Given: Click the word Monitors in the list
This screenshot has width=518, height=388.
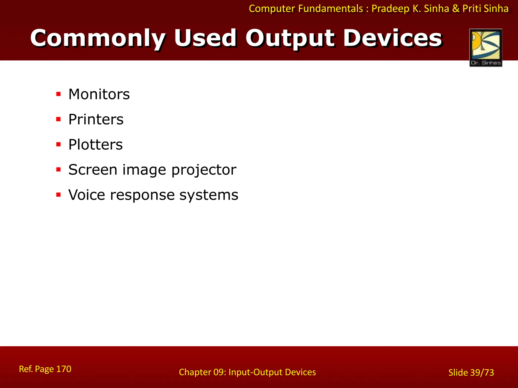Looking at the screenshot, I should [99, 94].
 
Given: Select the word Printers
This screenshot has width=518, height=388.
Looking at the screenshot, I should [96, 119].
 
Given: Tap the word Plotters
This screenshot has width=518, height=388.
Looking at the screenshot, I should [95, 144].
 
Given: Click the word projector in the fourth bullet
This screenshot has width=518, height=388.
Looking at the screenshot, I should [204, 170].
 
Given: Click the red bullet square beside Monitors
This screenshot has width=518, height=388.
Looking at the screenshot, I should [59, 94].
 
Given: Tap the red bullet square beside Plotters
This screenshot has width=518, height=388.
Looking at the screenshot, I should [59, 144].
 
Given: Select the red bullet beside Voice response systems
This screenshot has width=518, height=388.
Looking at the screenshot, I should [59, 195].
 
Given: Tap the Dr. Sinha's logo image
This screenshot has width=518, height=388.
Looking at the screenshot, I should [486, 48].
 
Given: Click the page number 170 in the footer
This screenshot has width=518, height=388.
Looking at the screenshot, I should [63, 369].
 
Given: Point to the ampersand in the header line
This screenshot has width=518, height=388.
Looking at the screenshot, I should [456, 9].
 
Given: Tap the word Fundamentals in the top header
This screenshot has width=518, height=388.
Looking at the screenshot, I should [330, 9].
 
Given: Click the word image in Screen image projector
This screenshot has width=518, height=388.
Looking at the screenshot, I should [144, 170].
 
